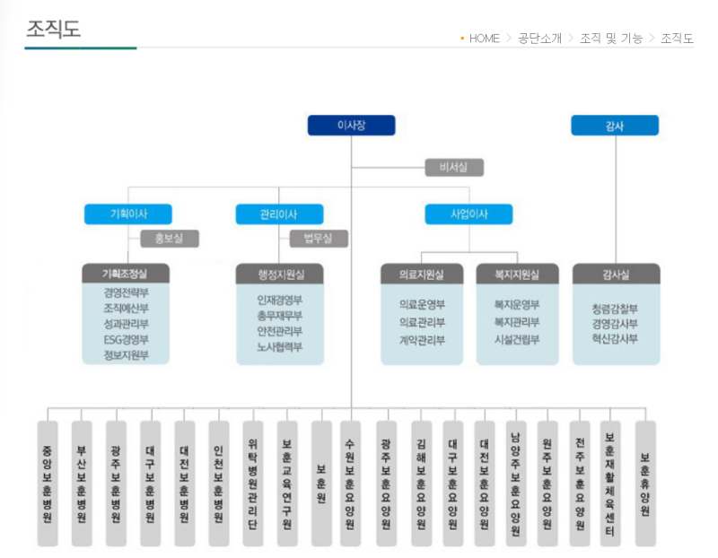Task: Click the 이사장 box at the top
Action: pos(351,126)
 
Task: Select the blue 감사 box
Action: pos(615,126)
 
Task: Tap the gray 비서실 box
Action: pos(453,168)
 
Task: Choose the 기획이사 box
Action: pos(128,214)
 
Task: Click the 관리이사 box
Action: pos(278,214)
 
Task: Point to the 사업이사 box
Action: pos(468,214)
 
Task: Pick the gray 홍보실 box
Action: pos(170,239)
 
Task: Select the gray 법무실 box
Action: pos(319,239)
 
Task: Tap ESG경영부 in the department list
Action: pos(126,339)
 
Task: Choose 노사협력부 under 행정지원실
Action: pos(279,346)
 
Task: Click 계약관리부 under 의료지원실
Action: pos(422,340)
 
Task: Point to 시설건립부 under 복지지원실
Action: pos(517,340)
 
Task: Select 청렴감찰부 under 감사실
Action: pos(615,308)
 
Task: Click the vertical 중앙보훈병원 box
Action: pos(48,483)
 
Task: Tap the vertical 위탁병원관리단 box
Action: pos(253,483)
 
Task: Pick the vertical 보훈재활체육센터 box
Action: pos(610,483)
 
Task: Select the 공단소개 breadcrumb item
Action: pos(539,38)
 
